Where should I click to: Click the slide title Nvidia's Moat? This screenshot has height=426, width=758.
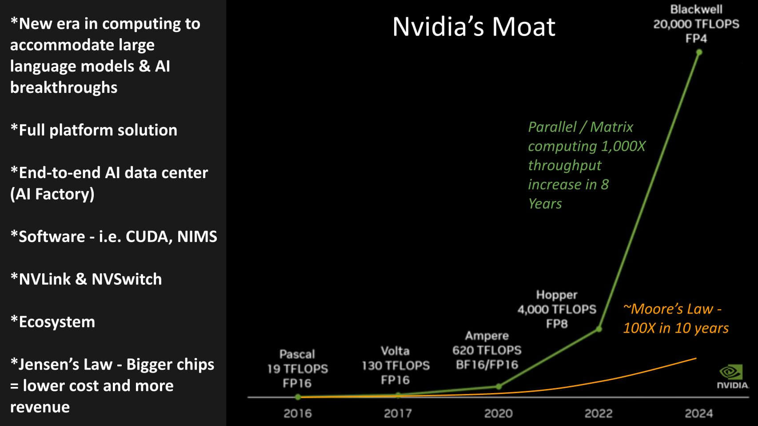(474, 27)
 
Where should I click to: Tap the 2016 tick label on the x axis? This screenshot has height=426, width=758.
(298, 414)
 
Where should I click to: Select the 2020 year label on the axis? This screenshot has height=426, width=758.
(498, 414)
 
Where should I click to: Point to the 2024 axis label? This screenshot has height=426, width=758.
(698, 414)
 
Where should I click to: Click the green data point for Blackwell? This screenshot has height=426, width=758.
(699, 52)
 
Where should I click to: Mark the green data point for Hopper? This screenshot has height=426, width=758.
(599, 329)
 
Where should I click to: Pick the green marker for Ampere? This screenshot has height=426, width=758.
(499, 386)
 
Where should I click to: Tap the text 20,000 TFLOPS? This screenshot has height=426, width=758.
(696, 24)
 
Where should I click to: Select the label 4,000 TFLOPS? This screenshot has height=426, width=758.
(556, 309)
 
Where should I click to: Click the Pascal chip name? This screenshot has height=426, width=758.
(297, 354)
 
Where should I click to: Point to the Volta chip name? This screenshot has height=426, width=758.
(395, 351)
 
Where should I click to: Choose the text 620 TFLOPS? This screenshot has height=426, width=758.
(487, 350)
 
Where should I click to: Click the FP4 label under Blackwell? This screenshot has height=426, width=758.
(696, 39)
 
